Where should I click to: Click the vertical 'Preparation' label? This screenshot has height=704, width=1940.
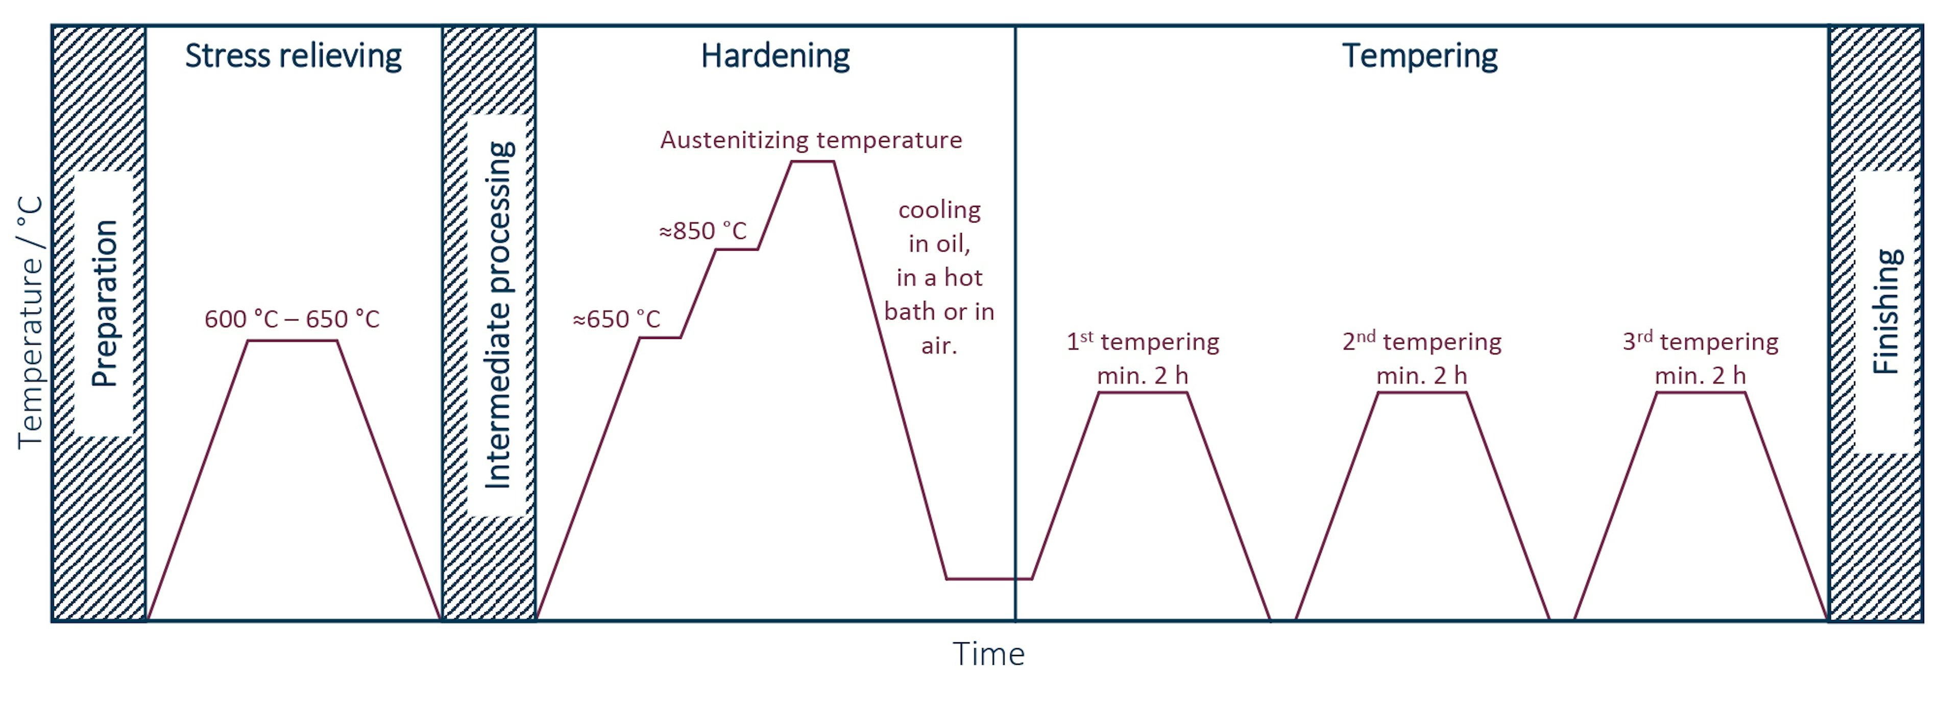[x=104, y=303]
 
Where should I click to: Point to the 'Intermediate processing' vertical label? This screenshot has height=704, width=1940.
[x=498, y=314]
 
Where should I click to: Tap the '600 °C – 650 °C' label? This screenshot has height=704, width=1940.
[x=292, y=319]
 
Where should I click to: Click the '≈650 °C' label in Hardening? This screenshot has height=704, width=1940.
[x=616, y=319]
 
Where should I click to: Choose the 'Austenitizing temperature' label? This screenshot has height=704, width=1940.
[x=811, y=140]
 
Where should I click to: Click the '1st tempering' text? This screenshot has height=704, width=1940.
[x=1143, y=342]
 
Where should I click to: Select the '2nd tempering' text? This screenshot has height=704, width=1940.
[x=1422, y=342]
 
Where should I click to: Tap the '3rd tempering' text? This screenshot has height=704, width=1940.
[x=1701, y=342]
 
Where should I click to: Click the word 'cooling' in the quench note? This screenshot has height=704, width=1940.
[x=939, y=210]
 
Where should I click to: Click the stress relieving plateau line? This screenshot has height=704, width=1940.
[x=292, y=341]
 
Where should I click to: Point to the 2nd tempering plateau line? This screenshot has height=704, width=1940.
[x=1422, y=393]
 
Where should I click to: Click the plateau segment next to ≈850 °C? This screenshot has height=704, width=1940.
[x=736, y=249]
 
